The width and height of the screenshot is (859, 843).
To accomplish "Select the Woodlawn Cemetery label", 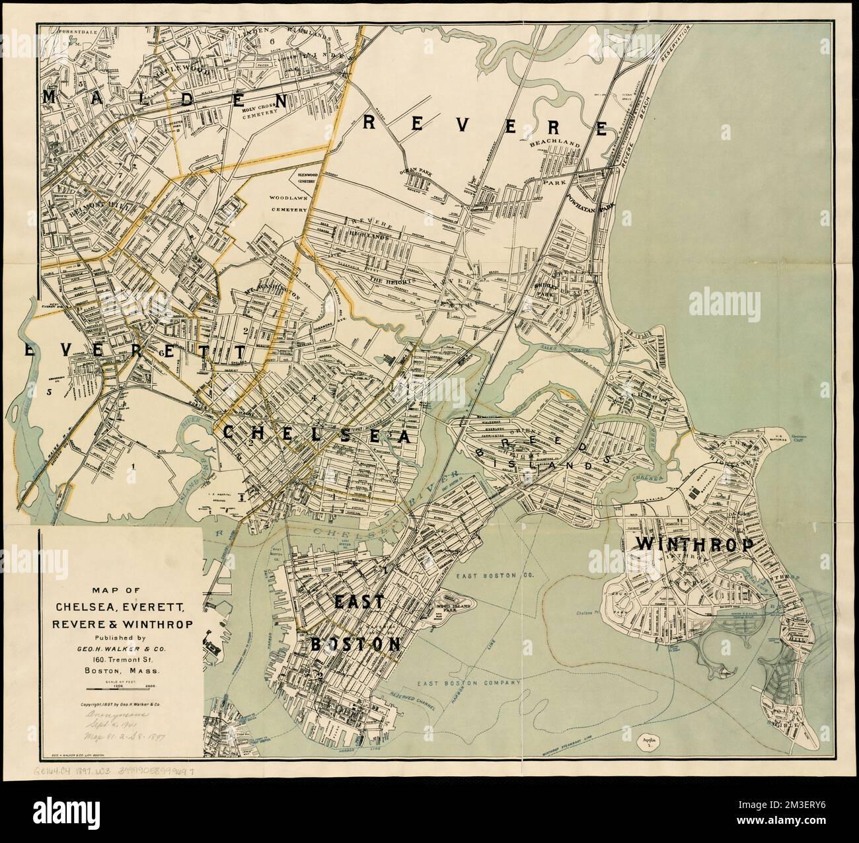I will pyautogui.click(x=288, y=203).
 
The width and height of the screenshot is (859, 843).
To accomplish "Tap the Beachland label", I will pyautogui.click(x=558, y=143).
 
